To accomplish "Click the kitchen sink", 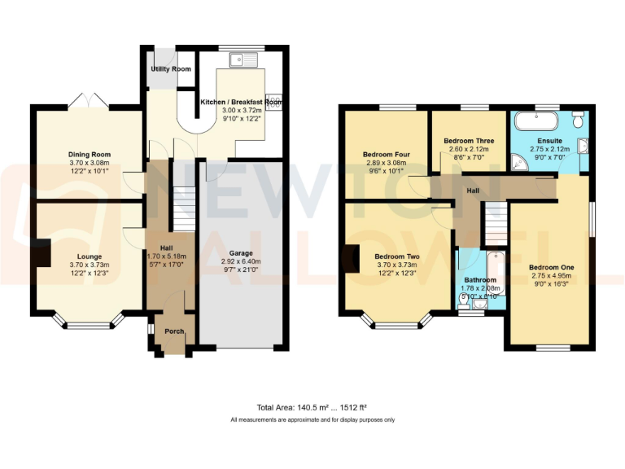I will (x=245, y=58).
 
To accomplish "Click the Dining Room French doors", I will (x=88, y=100).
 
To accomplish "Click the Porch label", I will (x=174, y=331).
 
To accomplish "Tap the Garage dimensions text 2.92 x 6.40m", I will (x=240, y=261).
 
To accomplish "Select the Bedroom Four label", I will (x=386, y=154).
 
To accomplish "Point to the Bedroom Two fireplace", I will (x=351, y=258).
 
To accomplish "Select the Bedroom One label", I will (x=551, y=267).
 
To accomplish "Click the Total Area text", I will (x=312, y=407).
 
